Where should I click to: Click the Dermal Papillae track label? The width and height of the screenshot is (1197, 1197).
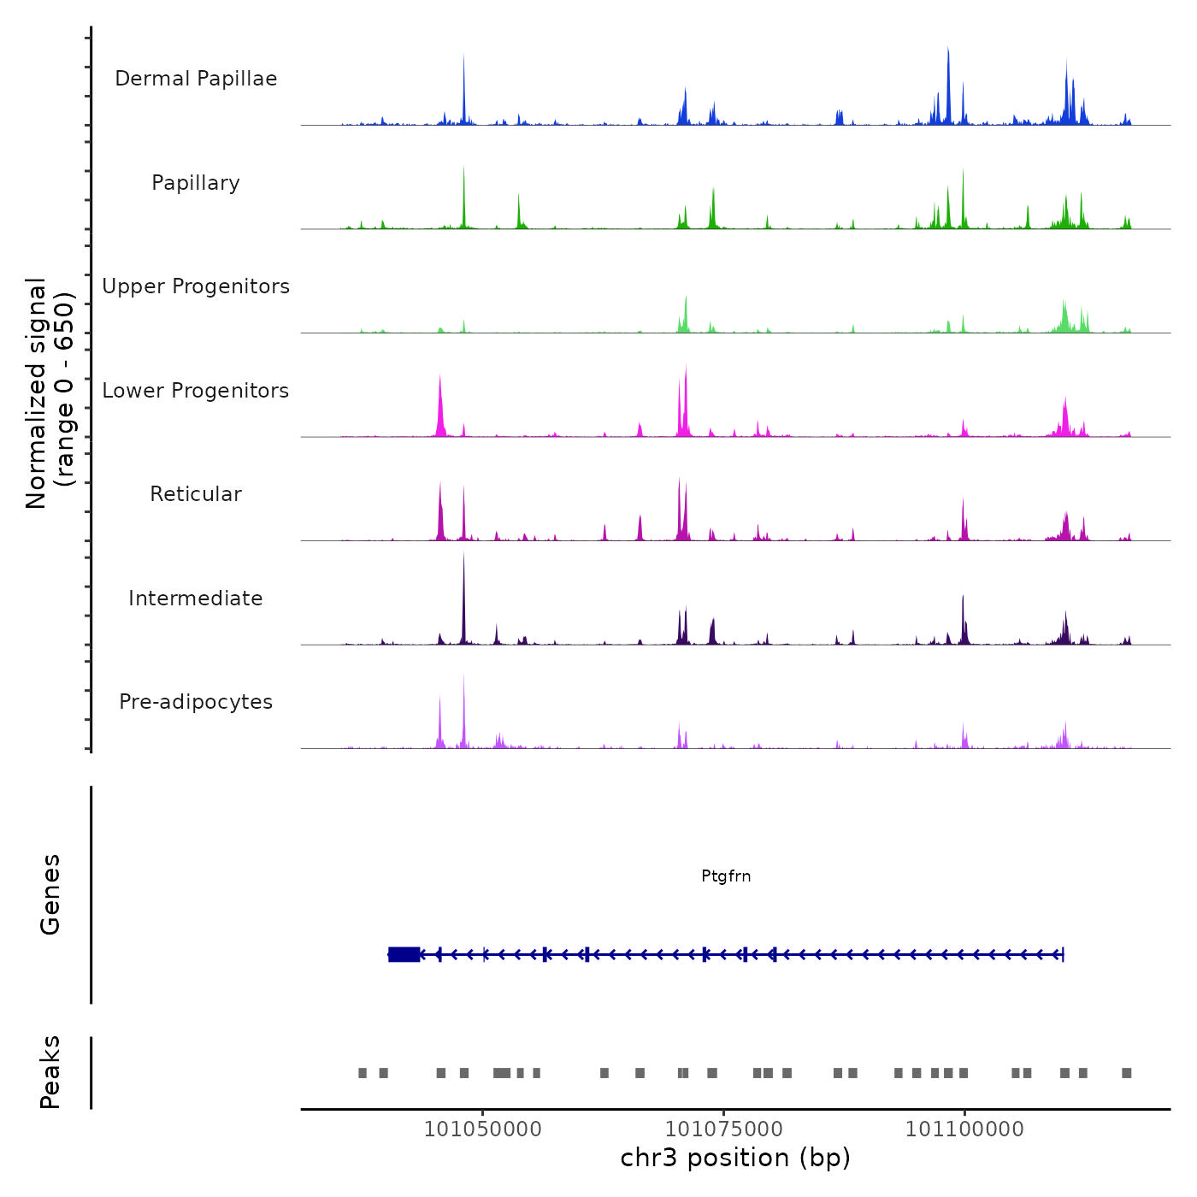pyautogui.click(x=196, y=79)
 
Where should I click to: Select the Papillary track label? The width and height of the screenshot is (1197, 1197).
pyautogui.click(x=196, y=183)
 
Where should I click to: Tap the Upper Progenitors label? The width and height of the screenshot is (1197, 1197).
pyautogui.click(x=196, y=286)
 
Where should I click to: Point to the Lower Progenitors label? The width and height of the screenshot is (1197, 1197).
pyautogui.click(x=196, y=391)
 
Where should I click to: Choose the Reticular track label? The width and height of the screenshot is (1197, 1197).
pyautogui.click(x=196, y=494)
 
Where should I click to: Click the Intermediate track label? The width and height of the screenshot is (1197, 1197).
pyautogui.click(x=196, y=598)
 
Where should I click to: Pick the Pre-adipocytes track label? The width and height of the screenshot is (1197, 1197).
pyautogui.click(x=196, y=702)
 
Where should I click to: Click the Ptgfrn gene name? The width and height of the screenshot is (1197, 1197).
pyautogui.click(x=726, y=876)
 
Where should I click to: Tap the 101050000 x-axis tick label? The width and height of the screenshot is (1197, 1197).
pyautogui.click(x=483, y=1129)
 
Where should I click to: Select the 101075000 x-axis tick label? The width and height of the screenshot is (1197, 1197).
pyautogui.click(x=724, y=1129)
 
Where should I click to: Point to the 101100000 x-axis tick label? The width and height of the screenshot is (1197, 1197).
pyautogui.click(x=964, y=1129)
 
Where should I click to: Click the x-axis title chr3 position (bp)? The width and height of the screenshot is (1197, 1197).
pyautogui.click(x=735, y=1158)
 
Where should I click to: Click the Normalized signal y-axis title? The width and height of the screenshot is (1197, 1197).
pyautogui.click(x=50, y=393)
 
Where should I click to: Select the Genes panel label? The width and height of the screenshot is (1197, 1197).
pyautogui.click(x=50, y=894)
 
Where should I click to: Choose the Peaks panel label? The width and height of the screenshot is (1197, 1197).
pyautogui.click(x=50, y=1072)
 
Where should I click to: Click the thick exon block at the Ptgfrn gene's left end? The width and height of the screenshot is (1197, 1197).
pyautogui.click(x=404, y=954)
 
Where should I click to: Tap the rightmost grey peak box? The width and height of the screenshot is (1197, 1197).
pyautogui.click(x=1127, y=1073)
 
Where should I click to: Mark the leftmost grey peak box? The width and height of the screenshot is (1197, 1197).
pyautogui.click(x=363, y=1073)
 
